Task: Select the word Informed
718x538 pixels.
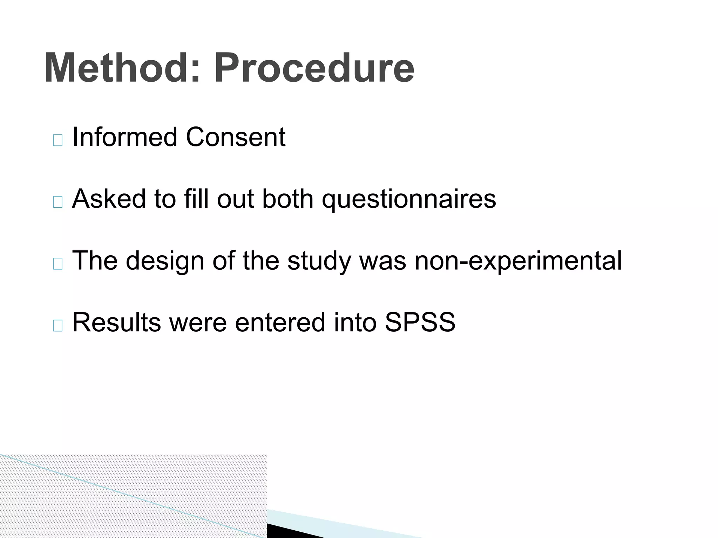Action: [124, 137]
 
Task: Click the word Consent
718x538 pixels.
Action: [236, 137]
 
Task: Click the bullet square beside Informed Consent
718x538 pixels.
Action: [58, 140]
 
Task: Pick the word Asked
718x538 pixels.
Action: [109, 199]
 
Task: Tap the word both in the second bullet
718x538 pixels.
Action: [287, 199]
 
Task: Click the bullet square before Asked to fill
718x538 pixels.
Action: [58, 202]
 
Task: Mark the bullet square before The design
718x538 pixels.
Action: [58, 264]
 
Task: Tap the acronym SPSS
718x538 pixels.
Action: [420, 322]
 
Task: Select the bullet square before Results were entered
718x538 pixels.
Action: [58, 326]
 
